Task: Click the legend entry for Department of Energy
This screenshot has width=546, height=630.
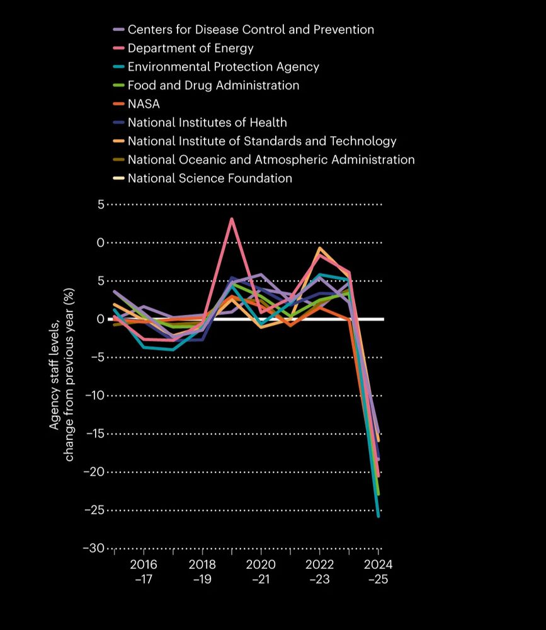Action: (190, 48)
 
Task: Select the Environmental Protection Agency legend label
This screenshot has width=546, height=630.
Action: (223, 67)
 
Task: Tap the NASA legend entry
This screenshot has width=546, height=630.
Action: (144, 104)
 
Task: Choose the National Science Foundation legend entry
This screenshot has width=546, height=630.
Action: (210, 178)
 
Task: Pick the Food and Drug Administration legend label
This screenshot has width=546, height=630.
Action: (213, 85)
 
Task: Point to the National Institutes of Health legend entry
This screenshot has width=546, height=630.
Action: (207, 122)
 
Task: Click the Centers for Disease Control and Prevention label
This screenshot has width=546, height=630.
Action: (251, 30)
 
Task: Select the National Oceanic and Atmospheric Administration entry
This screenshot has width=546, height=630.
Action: (271, 159)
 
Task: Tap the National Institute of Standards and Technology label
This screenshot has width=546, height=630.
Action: (262, 141)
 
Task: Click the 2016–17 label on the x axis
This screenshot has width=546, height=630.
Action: (144, 571)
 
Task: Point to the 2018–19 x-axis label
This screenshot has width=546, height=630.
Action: (202, 571)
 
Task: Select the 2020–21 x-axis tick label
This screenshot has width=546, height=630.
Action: (261, 571)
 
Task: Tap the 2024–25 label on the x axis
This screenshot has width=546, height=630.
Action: (378, 571)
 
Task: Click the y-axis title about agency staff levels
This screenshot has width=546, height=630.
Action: (62, 375)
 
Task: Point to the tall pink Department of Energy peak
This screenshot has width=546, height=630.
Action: (232, 219)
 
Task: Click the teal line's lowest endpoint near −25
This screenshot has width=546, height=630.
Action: (378, 516)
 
